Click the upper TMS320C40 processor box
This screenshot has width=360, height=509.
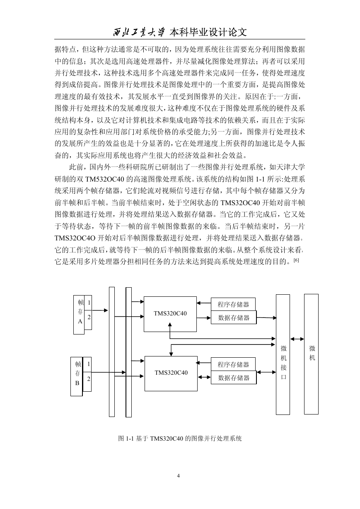pyautogui.click(x=170, y=314)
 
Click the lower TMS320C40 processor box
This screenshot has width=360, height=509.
pyautogui.click(x=171, y=373)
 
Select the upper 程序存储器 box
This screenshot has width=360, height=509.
pyautogui.click(x=233, y=304)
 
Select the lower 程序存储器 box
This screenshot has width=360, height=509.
pyautogui.click(x=233, y=364)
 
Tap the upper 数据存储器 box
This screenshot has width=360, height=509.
pyautogui.click(x=234, y=318)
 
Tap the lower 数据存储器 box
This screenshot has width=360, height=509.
pyautogui.click(x=234, y=378)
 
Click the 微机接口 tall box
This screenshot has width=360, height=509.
pyautogui.click(x=283, y=354)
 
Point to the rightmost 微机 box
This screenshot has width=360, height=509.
pyautogui.click(x=311, y=354)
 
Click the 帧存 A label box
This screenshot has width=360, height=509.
pyautogui.click(x=79, y=315)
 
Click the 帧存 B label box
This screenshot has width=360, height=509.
pyautogui.click(x=77, y=376)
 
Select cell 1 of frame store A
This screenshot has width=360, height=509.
pyautogui.click(x=88, y=303)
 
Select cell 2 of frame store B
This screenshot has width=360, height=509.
pyautogui.click(x=87, y=381)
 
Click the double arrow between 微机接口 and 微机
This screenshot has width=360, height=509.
pyautogui.click(x=297, y=339)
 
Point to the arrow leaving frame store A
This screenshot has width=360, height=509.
pyautogui.click(x=100, y=310)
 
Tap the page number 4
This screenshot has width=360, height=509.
pyautogui.click(x=178, y=476)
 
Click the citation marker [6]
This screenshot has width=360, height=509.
pyautogui.click(x=296, y=260)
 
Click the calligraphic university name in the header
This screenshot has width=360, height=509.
pyautogui.click(x=138, y=33)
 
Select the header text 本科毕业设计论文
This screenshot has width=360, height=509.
pyautogui.click(x=208, y=32)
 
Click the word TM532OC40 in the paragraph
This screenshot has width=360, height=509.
pyautogui.click(x=104, y=179)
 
